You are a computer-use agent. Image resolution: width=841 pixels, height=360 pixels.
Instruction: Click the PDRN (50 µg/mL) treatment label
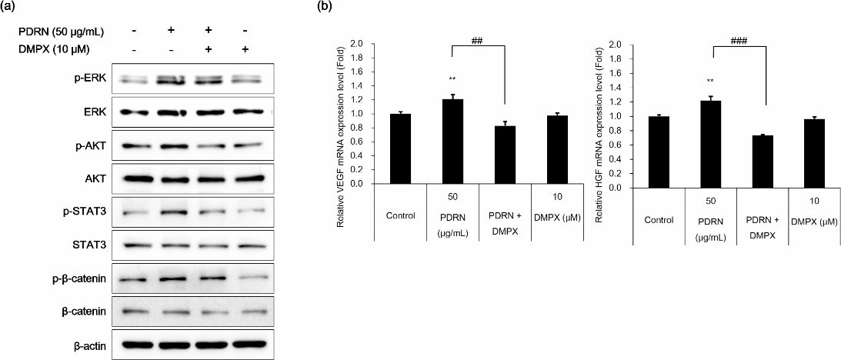[x=61, y=32]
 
